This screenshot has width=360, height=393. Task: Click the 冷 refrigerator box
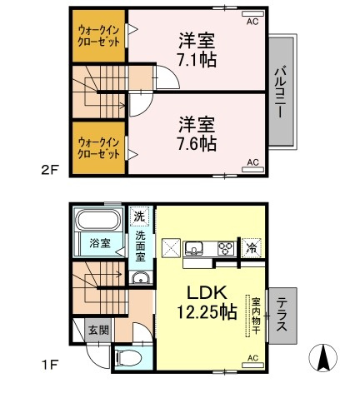click(x=251, y=246)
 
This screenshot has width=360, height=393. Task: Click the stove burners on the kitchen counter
click(x=225, y=247)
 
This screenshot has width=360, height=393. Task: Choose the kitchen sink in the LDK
click(x=193, y=247)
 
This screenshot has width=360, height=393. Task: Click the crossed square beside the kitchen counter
click(x=170, y=248)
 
